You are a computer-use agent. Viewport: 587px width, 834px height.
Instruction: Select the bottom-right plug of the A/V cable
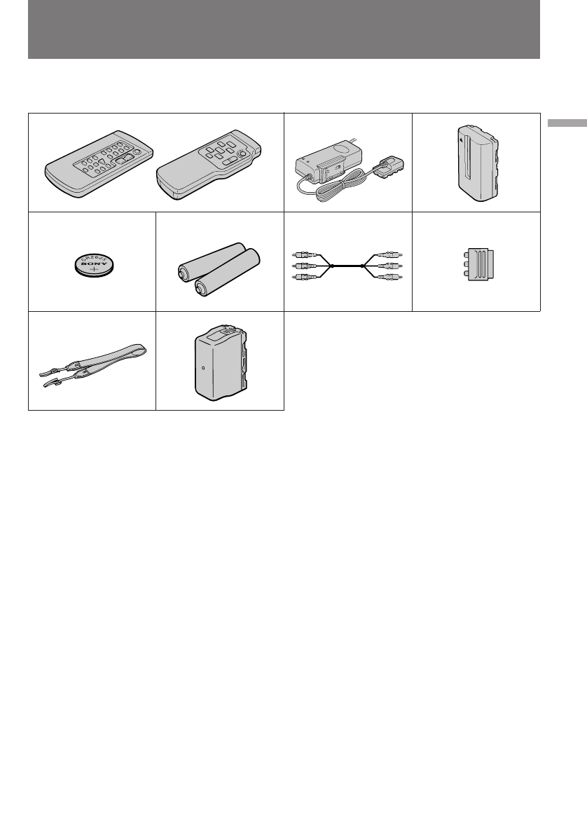[393, 278]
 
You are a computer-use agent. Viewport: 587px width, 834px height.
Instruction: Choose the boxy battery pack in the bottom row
[218, 361]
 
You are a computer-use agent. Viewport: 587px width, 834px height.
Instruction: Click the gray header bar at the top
[284, 29]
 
